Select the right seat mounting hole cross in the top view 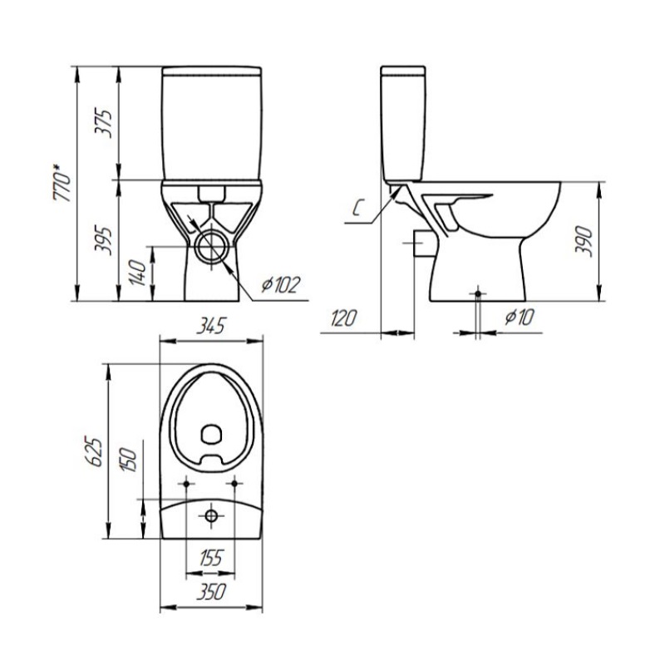pyautogui.click(x=235, y=483)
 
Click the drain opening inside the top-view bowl pyautogui.click(x=212, y=433)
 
